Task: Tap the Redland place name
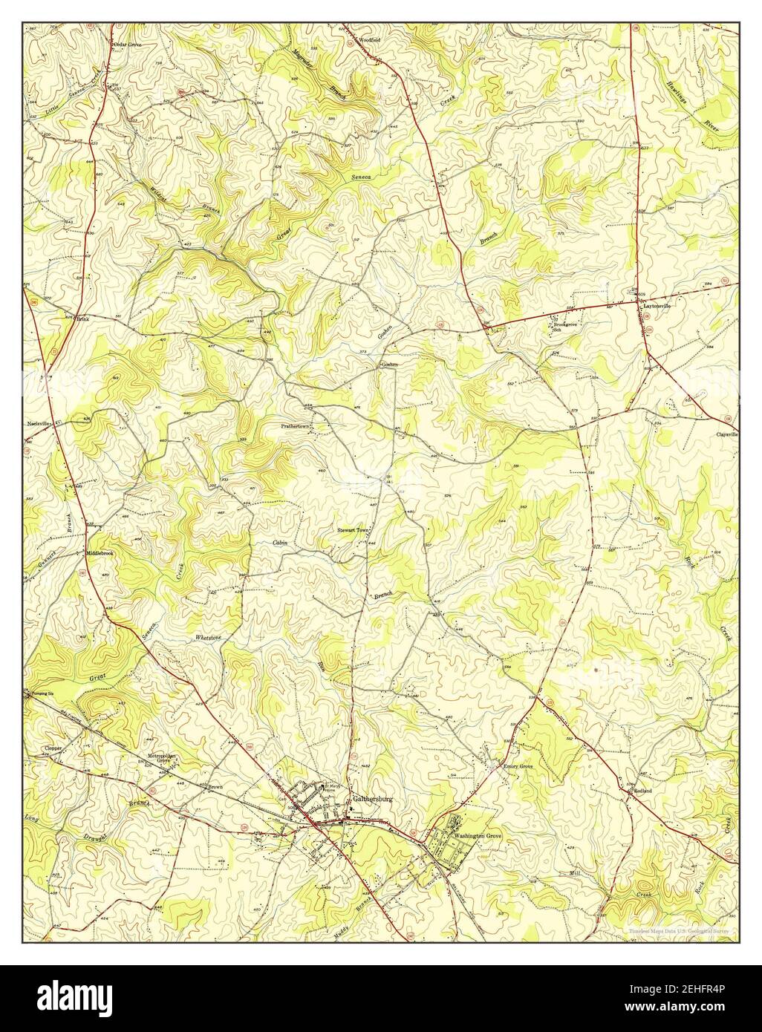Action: [x=642, y=791]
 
